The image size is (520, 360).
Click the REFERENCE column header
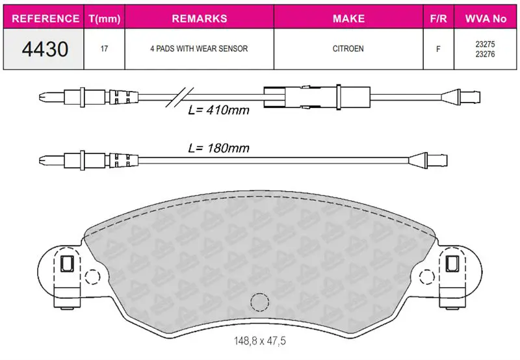click(x=45, y=19)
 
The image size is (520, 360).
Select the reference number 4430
click(x=45, y=49)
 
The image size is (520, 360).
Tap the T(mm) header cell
click(x=105, y=19)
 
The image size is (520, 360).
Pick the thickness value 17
click(x=104, y=49)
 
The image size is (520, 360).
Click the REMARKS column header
click(x=200, y=19)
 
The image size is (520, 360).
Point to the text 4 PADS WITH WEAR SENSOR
click(x=199, y=49)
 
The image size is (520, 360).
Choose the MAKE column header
click(x=348, y=19)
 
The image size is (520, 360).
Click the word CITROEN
click(x=348, y=49)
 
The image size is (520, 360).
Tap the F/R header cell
click(x=438, y=19)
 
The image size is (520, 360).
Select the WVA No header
click(x=486, y=19)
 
